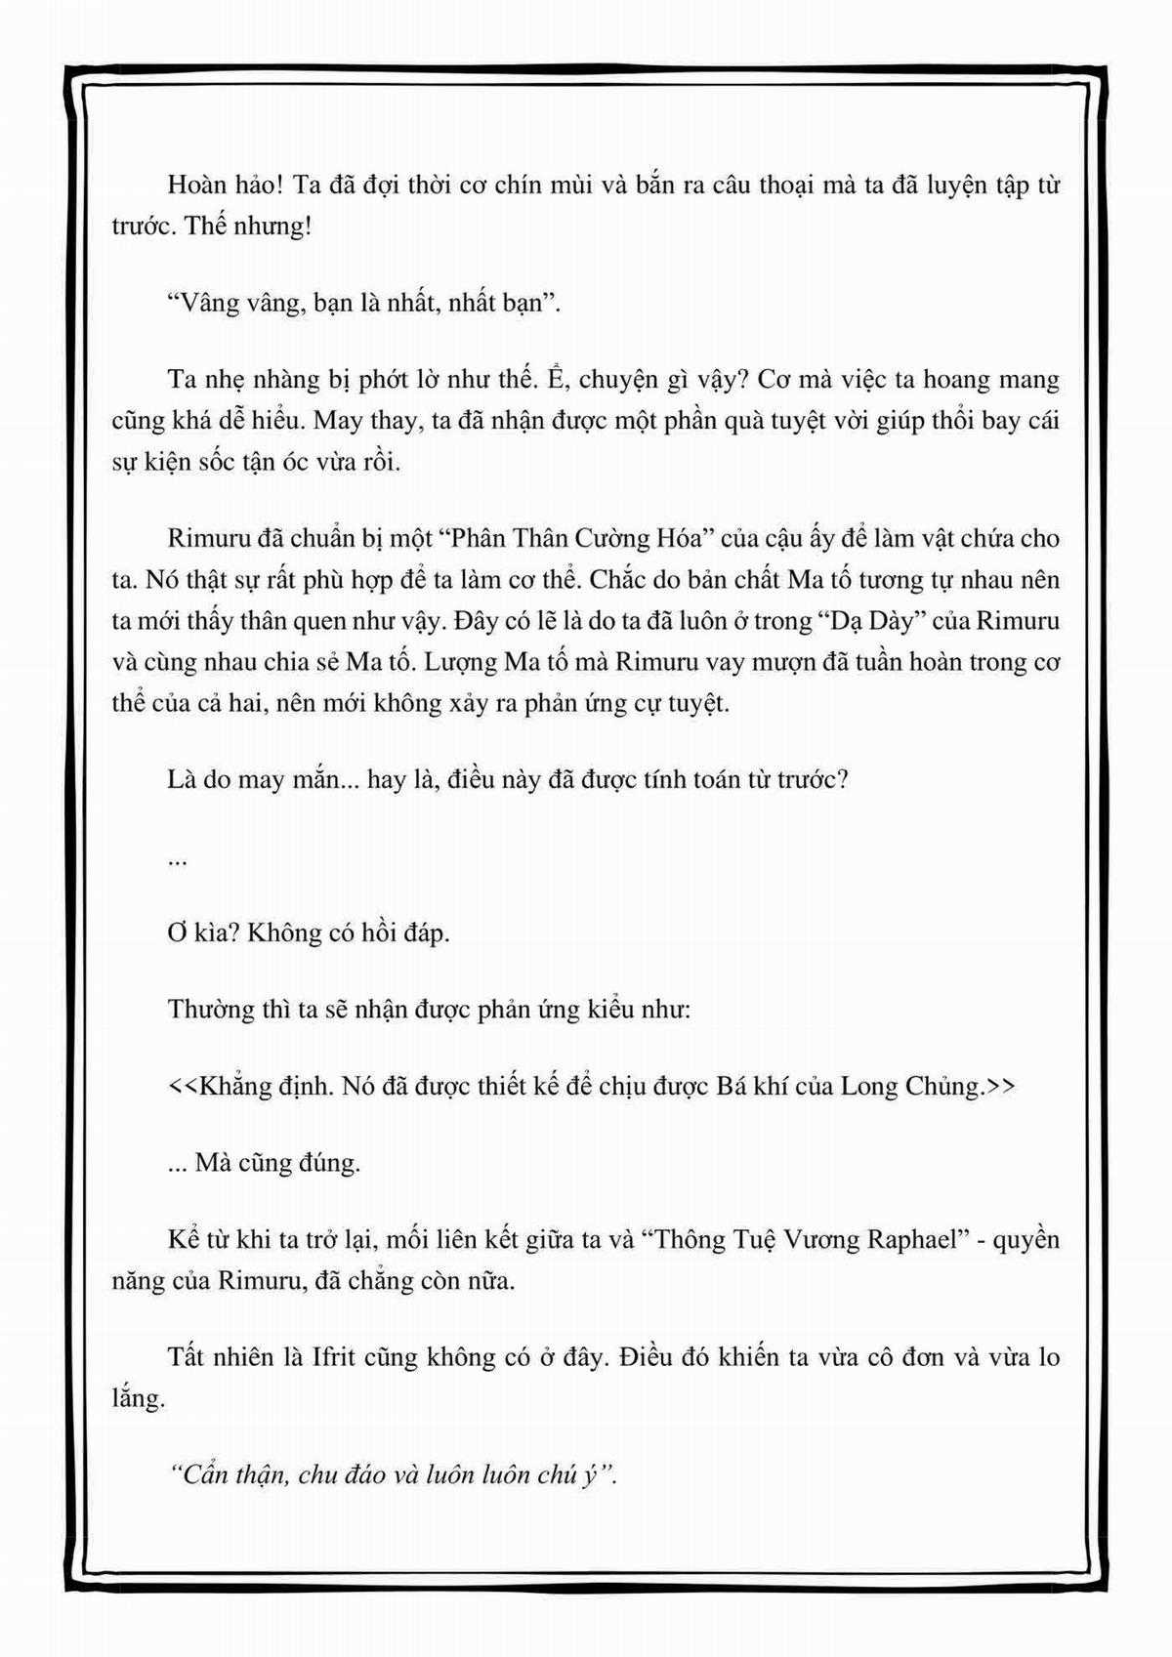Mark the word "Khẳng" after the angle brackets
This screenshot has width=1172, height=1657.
pyautogui.click(x=232, y=1086)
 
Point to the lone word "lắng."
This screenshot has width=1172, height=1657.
pyautogui.click(x=138, y=1397)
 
